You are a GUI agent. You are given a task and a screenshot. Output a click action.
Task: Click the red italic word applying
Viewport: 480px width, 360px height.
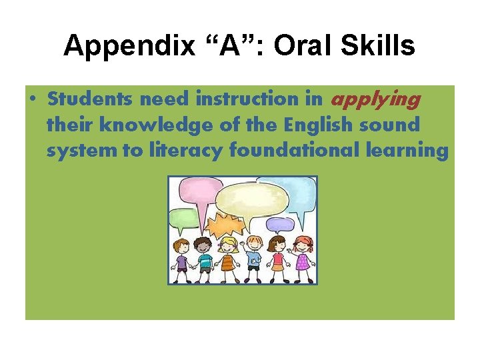point(375,99)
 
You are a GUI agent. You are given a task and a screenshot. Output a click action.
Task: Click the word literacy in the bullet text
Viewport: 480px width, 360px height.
point(190,150)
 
